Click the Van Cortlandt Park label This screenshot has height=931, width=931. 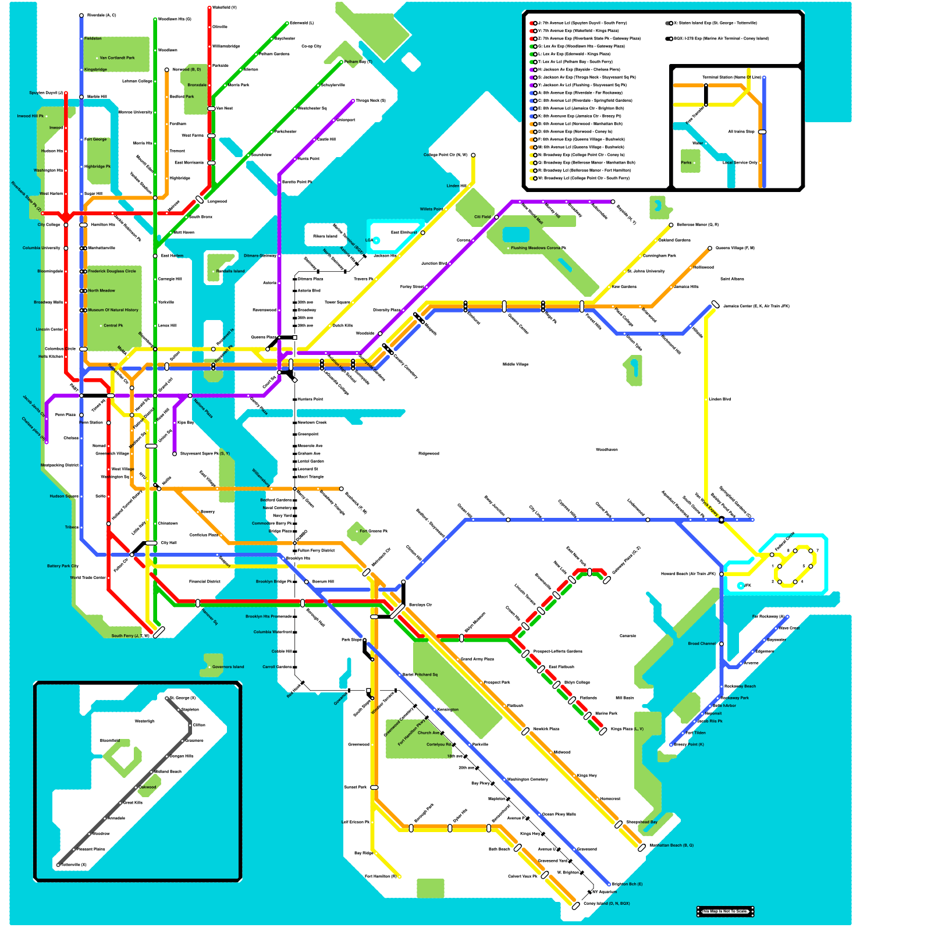(117, 58)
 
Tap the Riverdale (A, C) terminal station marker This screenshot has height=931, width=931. (81, 16)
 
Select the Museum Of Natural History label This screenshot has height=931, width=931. (113, 310)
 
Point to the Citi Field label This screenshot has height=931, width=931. (482, 217)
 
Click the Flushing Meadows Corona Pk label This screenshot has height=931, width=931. (538, 248)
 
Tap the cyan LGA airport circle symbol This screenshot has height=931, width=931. (376, 240)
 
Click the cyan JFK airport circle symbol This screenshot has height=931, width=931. (740, 586)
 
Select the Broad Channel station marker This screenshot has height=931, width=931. (722, 644)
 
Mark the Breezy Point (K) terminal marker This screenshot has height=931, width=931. (671, 745)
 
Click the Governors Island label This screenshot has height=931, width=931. (228, 667)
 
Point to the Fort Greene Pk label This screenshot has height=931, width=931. (374, 531)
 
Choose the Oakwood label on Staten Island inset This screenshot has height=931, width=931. (147, 787)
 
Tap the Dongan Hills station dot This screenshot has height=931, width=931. (167, 756)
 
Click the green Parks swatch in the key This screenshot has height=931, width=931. (690, 161)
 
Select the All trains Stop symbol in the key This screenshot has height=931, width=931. (762, 132)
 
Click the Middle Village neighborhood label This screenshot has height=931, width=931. (515, 365)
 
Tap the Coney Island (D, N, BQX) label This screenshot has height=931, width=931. (606, 904)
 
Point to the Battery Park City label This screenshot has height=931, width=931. (63, 566)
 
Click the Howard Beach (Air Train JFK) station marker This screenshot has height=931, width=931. (722, 574)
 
